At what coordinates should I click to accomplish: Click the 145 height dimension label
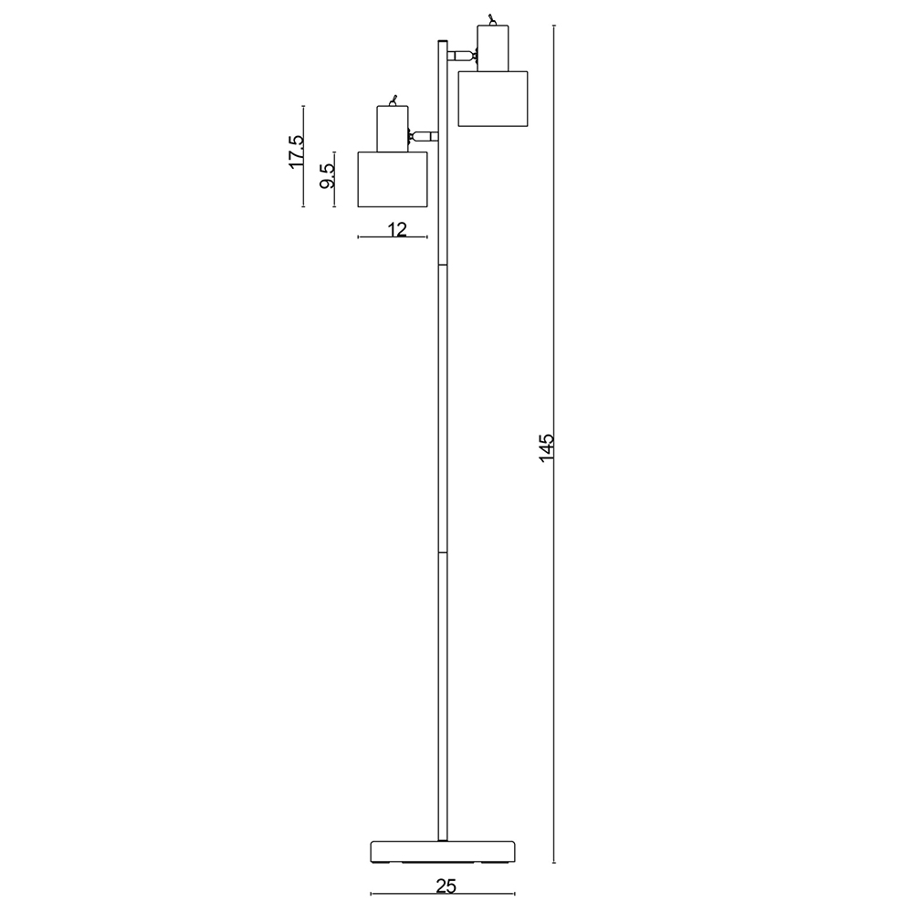(x=547, y=447)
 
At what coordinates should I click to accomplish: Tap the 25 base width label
(x=446, y=887)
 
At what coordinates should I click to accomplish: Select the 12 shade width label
(x=397, y=229)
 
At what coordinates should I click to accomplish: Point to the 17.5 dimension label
(x=297, y=152)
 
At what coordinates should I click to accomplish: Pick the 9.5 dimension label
(x=327, y=175)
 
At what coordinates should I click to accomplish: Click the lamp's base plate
(x=443, y=851)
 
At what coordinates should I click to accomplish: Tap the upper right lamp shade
(x=493, y=99)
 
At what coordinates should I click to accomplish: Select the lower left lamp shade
(x=393, y=179)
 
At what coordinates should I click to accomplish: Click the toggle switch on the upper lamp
(x=493, y=20)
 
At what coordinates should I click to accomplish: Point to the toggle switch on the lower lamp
(x=393, y=100)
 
